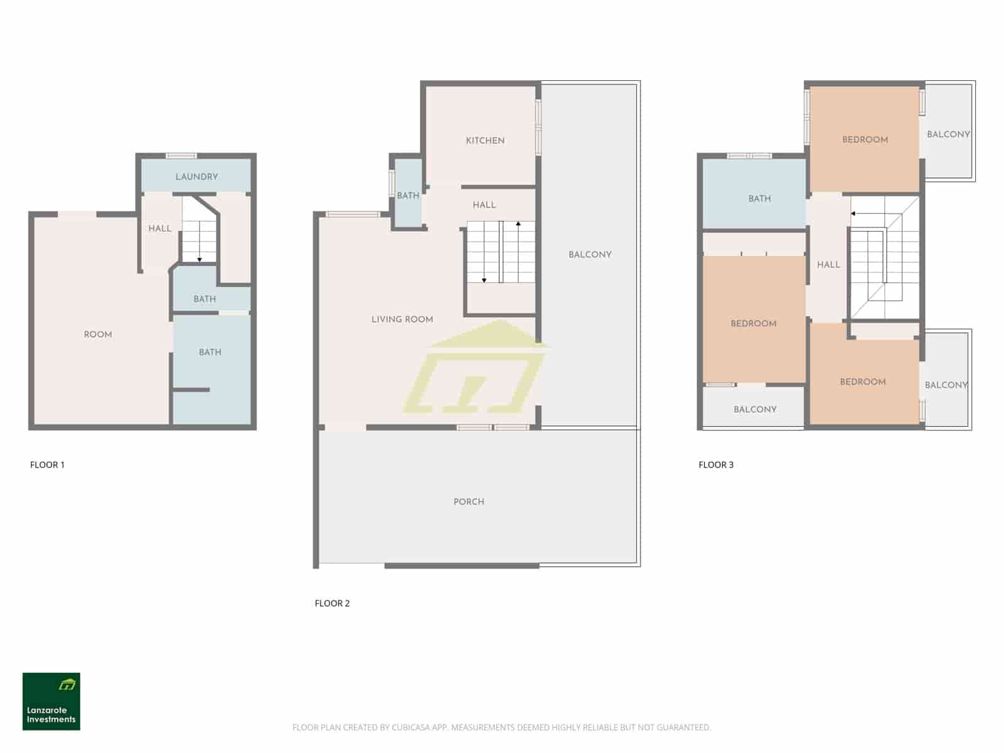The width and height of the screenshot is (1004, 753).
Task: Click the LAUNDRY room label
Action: click(196, 177)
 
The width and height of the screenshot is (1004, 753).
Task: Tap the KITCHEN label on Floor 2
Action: click(485, 141)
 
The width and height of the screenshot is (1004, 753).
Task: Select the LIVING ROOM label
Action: click(402, 319)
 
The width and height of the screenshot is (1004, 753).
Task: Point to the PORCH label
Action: click(469, 502)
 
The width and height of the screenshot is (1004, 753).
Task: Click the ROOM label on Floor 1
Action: click(98, 334)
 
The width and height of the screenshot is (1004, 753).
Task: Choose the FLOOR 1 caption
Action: click(47, 465)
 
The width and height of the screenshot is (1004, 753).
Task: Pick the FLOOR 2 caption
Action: click(332, 604)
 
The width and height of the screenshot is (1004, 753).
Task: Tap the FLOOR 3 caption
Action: click(716, 465)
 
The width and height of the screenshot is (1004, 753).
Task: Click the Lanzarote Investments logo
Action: click(51, 702)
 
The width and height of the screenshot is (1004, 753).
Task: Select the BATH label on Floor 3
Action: click(759, 199)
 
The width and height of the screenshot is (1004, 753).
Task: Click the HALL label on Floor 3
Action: click(828, 265)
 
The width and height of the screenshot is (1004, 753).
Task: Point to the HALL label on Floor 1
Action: click(159, 228)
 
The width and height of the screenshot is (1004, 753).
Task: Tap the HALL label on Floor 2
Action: click(484, 205)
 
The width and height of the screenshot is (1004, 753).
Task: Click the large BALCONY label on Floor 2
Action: click(590, 255)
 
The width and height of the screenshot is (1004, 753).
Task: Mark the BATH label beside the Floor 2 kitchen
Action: click(408, 196)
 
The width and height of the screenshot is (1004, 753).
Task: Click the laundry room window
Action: click(181, 156)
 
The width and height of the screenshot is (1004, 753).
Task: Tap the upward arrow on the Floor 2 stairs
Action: click(518, 224)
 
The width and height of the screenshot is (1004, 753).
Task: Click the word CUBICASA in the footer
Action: click(413, 728)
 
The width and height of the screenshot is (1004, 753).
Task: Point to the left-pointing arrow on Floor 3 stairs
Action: click(853, 214)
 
